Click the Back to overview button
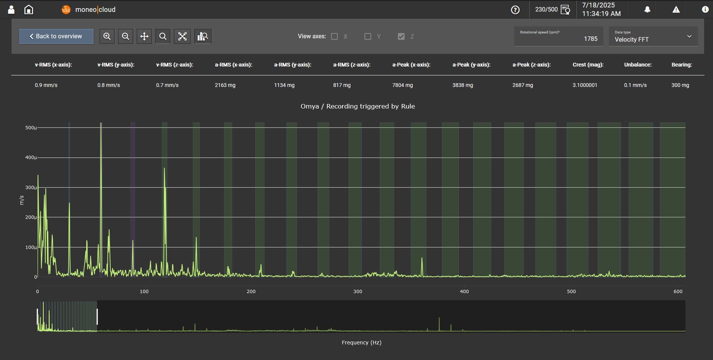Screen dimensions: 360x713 coord(56,36)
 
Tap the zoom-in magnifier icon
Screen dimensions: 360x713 coord(107,36)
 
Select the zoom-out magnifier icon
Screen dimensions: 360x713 coord(126,36)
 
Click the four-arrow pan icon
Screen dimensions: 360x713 coord(144,36)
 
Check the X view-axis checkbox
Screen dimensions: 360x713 coord(334,36)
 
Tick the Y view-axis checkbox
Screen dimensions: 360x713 coord(368,36)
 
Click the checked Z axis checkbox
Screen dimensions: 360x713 coord(401,36)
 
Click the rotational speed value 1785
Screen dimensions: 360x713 coord(590,39)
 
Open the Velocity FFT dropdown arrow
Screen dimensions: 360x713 coord(689,36)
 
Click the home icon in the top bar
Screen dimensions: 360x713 coord(29,10)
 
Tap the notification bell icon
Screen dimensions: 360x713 coord(647,10)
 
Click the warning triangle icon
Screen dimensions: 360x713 coord(676,10)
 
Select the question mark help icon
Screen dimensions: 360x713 coord(515,10)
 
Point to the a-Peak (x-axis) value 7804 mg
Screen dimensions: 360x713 coord(402,85)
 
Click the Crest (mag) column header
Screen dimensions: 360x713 coord(588,65)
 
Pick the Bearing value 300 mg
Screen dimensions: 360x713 coord(680,85)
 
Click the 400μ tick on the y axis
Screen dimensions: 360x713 coord(31,158)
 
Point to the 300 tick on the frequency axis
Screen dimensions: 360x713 coord(357,292)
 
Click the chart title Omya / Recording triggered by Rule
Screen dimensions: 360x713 coord(357,106)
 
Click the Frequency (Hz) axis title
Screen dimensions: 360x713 coord(362,343)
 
